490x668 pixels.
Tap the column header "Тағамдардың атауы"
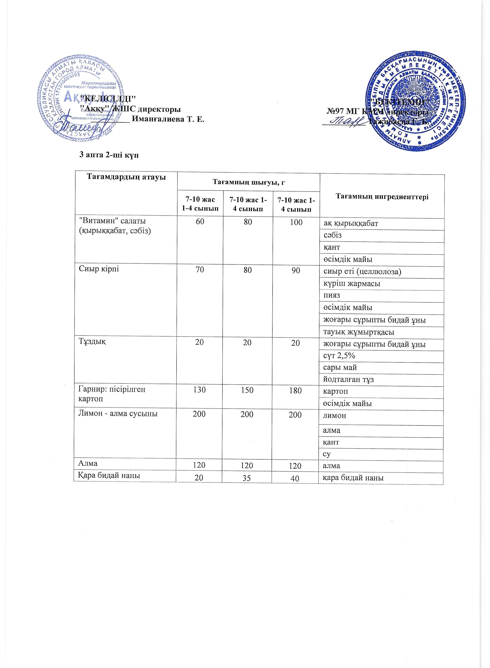point(126,177)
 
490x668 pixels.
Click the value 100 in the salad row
point(296,222)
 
